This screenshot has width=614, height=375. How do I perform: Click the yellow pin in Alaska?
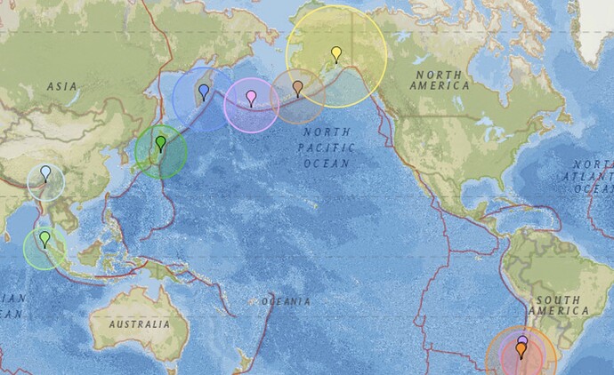tap(336, 53)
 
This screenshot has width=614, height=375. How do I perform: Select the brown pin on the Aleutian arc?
tap(298, 87)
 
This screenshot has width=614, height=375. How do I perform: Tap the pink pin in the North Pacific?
tap(252, 96)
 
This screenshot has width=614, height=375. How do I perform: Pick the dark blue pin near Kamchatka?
tap(204, 91)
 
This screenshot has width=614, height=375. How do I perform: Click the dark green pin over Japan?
tap(161, 142)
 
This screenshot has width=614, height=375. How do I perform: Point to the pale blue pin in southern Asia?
tap(45, 172)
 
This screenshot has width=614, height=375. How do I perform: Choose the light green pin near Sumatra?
tap(44, 238)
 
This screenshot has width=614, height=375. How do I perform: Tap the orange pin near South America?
tap(521, 350)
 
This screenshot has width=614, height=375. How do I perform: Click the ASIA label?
tap(62, 86)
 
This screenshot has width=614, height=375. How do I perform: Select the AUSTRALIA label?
tap(139, 325)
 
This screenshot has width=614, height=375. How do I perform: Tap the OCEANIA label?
tap(285, 302)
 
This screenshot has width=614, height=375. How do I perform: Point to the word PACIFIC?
tap(327, 147)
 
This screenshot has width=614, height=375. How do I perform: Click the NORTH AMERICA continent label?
tap(440, 80)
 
